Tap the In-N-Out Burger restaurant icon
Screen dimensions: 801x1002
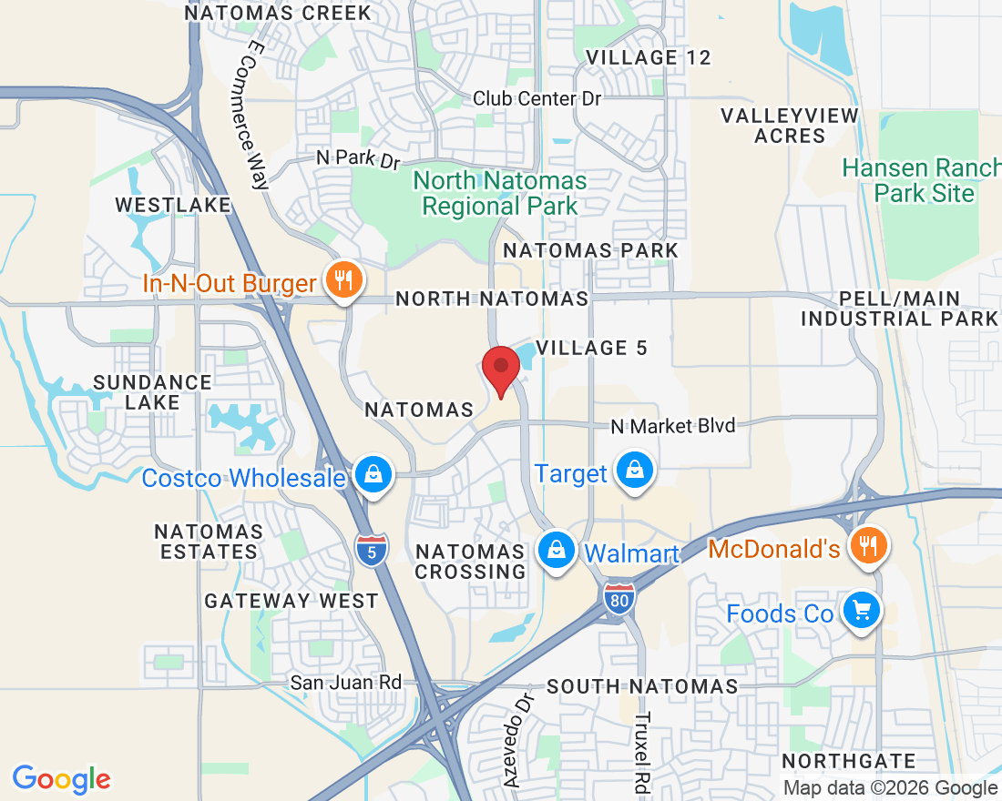(343, 280)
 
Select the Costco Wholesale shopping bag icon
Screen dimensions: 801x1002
(373, 474)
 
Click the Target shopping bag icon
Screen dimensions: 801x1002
(631, 471)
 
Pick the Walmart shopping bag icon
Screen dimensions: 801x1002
(555, 550)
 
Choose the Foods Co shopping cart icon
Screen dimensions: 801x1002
(860, 610)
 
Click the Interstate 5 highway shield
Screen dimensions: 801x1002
(372, 549)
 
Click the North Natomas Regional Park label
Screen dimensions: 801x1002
(499, 193)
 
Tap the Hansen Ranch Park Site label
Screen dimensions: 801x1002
(921, 180)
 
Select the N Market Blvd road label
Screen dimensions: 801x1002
(672, 425)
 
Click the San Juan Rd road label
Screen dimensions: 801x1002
(346, 682)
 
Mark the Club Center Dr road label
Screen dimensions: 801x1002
(537, 98)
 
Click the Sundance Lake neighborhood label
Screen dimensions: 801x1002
(152, 392)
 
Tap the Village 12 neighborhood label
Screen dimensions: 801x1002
(648, 57)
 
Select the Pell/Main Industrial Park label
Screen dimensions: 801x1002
(899, 309)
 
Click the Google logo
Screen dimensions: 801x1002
(61, 779)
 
